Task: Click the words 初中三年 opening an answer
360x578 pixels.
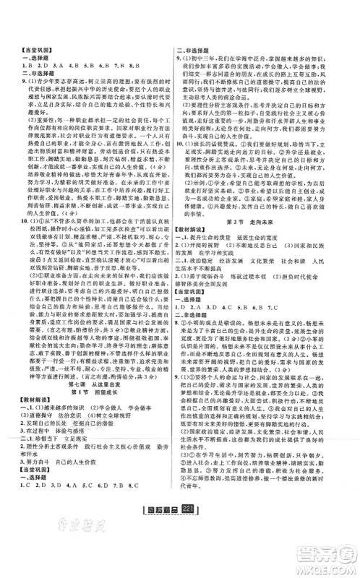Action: click(210, 75)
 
